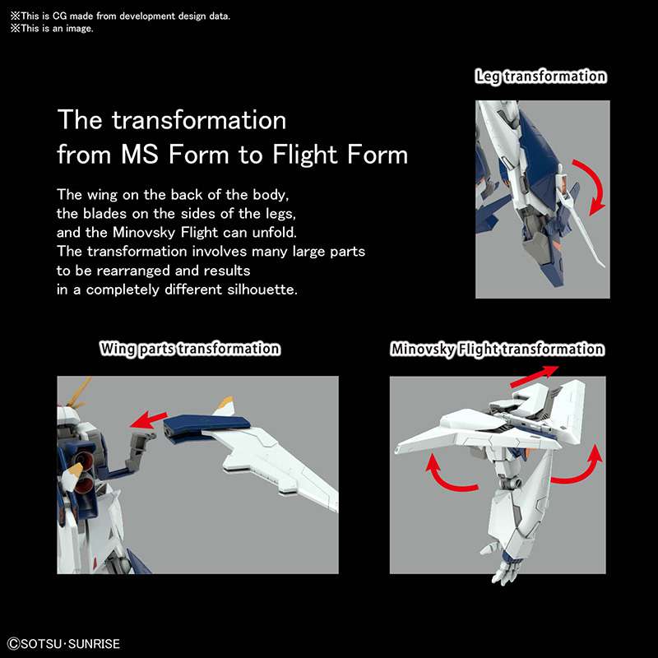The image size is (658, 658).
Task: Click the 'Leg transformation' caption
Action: [x=540, y=76]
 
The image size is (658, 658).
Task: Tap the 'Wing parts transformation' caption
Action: [x=190, y=349]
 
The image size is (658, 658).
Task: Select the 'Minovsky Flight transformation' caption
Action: [x=498, y=349]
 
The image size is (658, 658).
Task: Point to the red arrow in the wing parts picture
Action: [x=148, y=419]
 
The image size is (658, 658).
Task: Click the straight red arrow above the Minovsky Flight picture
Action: [x=534, y=376]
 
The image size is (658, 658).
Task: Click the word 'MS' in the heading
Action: [x=140, y=155]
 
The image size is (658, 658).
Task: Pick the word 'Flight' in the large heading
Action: [x=305, y=155]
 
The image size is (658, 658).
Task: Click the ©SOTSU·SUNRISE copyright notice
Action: [x=64, y=644]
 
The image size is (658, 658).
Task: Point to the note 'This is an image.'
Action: [x=52, y=29]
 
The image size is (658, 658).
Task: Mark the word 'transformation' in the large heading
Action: [x=199, y=120]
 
